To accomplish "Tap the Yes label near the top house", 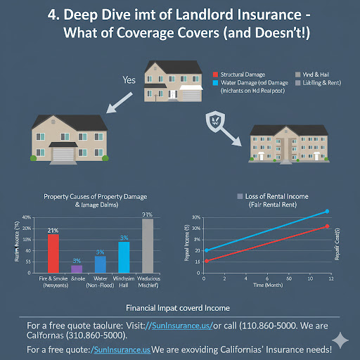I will point(129,79).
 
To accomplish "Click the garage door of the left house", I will point(63,155).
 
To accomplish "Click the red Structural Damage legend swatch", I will point(214,74).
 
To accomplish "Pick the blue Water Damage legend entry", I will point(245,82).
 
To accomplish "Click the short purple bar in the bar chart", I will point(77,268).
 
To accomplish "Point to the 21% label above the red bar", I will point(53,230).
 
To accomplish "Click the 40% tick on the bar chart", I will point(27,218).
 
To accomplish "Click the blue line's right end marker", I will point(327,211).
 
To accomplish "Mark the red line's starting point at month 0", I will point(205,261).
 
